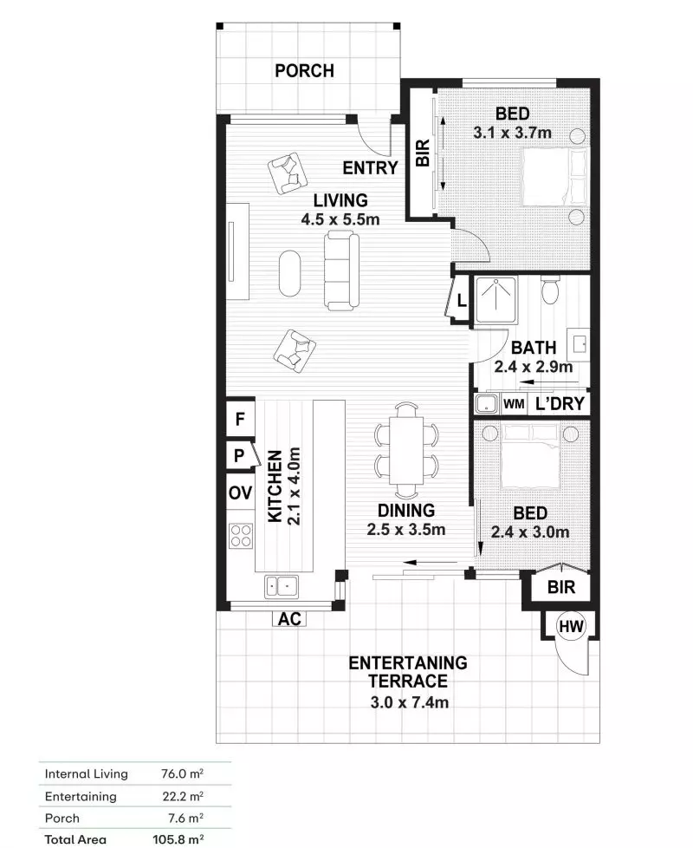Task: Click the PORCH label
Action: [304, 70]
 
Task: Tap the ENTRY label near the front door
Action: [370, 168]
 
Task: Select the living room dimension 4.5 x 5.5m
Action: [340, 219]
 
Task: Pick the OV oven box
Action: [240, 493]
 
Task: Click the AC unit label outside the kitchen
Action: [288, 619]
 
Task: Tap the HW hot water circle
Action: [569, 625]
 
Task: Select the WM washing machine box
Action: [514, 404]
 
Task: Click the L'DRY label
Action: [560, 404]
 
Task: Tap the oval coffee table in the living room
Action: [290, 272]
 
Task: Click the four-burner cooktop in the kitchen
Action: [240, 538]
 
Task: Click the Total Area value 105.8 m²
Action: [178, 839]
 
